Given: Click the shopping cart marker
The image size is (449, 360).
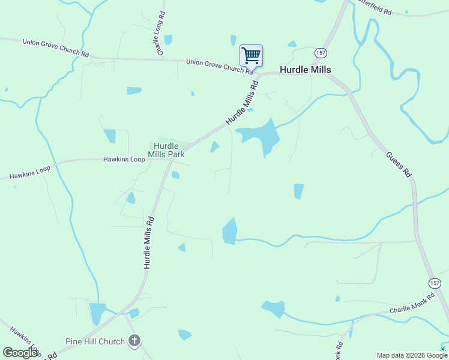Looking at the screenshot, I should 251,56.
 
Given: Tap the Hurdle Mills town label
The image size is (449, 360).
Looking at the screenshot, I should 305,70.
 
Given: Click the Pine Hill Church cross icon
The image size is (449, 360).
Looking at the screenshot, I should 134,341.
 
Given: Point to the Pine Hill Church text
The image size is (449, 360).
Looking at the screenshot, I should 95,341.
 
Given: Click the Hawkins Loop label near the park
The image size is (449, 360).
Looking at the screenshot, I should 124,160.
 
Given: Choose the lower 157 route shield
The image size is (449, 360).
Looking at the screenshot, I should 435,283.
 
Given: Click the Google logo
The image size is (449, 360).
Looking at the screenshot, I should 21,353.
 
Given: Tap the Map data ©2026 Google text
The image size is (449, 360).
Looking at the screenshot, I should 407,355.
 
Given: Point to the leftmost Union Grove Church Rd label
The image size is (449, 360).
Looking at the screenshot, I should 55,47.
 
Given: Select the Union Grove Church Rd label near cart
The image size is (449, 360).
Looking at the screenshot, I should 218,66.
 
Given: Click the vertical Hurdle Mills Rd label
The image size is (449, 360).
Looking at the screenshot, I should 148,242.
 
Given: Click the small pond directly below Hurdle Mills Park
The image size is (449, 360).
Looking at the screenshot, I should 175,175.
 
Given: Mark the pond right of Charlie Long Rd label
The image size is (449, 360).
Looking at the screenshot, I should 169,40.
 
